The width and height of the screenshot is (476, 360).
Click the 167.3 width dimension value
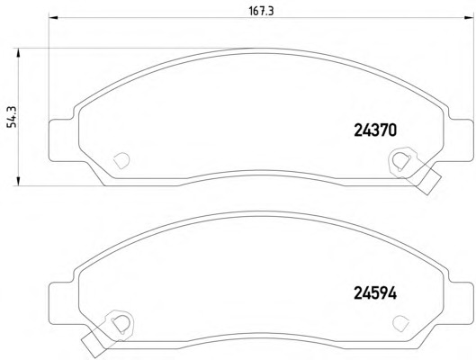tap(261, 11)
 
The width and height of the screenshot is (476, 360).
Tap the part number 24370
tap(375, 130)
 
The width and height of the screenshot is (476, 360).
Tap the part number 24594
tap(375, 293)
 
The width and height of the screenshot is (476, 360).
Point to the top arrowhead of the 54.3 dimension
tap(19, 53)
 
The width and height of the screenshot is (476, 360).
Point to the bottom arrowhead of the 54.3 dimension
tap(19, 181)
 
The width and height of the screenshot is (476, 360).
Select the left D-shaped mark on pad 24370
tap(121, 160)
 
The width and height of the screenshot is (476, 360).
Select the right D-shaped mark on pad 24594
tap(400, 323)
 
